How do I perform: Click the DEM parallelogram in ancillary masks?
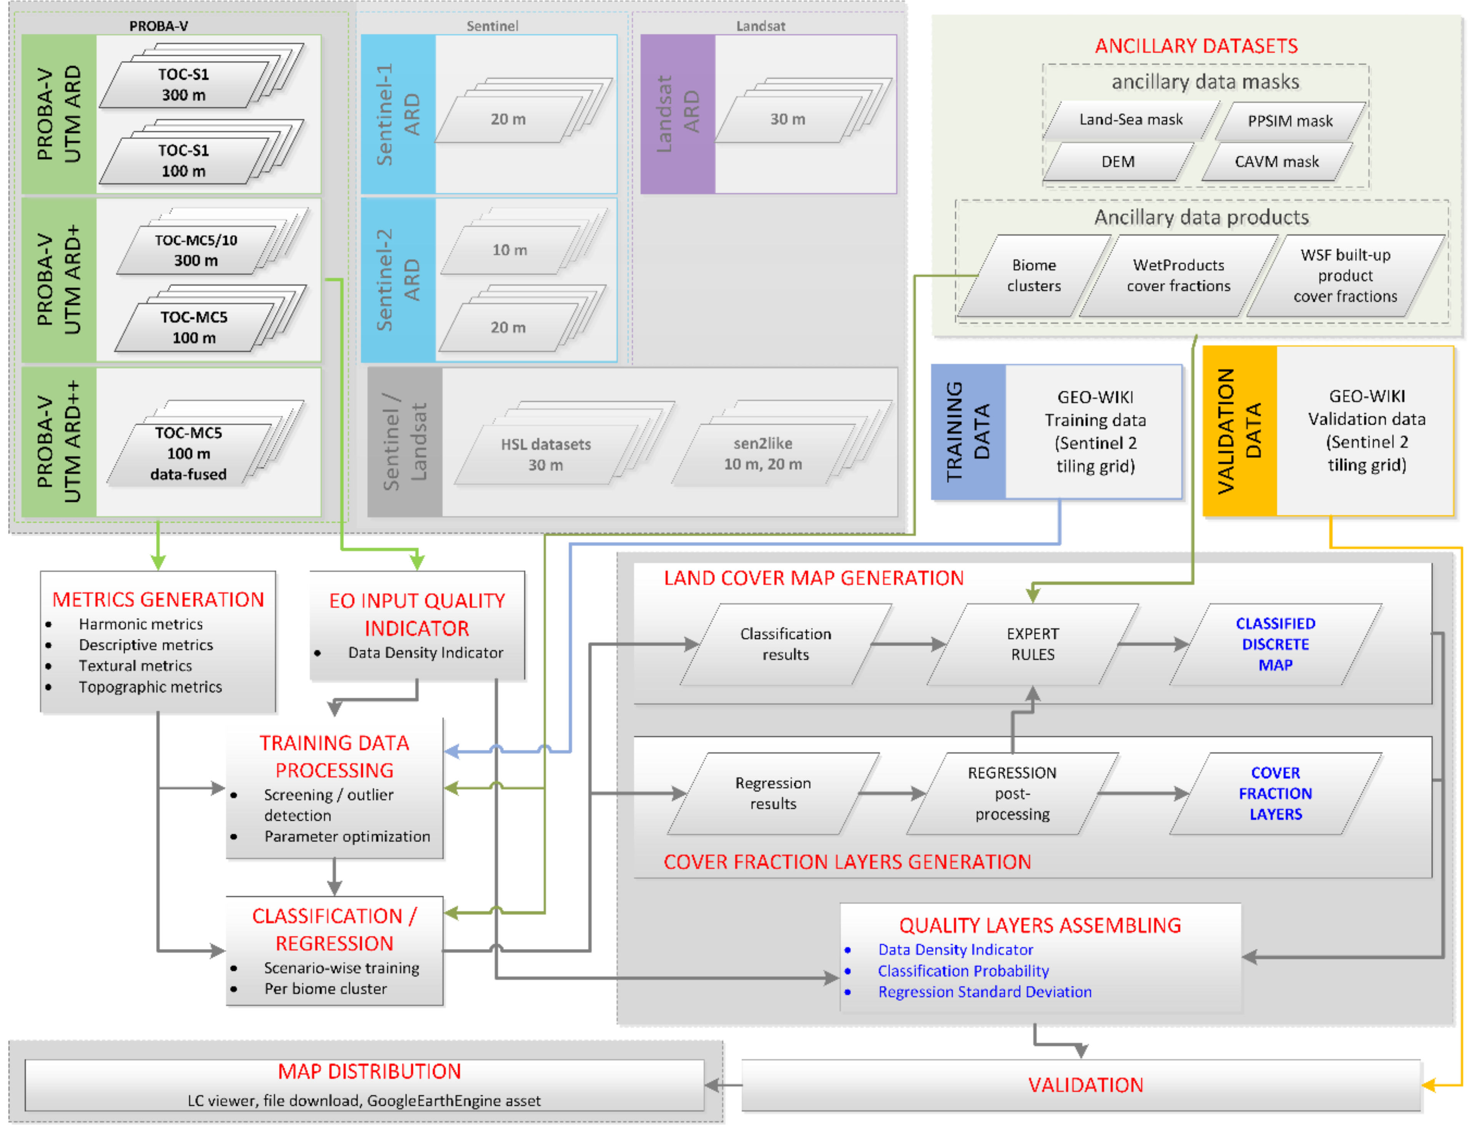(x=1117, y=162)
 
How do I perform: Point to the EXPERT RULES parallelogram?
(x=1032, y=644)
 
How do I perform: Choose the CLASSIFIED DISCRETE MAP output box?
(x=1275, y=644)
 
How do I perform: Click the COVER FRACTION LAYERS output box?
(x=1275, y=794)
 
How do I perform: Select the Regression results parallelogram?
(x=773, y=794)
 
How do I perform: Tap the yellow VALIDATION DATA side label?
(x=1239, y=431)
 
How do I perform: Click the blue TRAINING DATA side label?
(x=968, y=431)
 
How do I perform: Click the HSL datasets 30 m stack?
(x=545, y=454)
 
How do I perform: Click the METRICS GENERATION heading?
(x=158, y=600)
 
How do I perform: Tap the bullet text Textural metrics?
(x=135, y=666)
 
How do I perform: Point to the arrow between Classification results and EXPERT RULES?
(x=909, y=644)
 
